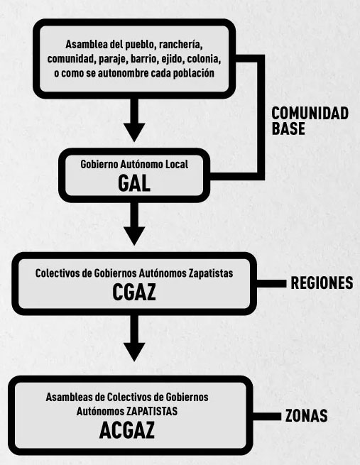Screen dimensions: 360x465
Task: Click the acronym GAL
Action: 134,184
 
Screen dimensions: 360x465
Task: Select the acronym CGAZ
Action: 134,292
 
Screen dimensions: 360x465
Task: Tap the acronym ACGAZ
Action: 127,430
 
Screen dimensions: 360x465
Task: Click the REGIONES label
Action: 322,283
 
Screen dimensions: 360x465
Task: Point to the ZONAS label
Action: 306,416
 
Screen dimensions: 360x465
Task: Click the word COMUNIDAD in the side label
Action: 310,114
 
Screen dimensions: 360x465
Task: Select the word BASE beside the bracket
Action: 288,128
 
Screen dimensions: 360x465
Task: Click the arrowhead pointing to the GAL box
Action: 134,132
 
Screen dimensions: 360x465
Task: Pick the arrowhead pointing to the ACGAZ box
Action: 134,352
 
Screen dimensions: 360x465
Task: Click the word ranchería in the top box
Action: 181,45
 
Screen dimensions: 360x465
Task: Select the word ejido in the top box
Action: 173,59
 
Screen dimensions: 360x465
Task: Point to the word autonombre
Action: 123,73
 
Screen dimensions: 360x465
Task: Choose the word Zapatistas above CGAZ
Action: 211,273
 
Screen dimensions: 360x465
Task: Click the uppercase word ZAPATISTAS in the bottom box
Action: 152,411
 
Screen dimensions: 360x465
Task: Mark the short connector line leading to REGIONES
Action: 272,283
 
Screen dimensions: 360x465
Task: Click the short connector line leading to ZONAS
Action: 267,416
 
